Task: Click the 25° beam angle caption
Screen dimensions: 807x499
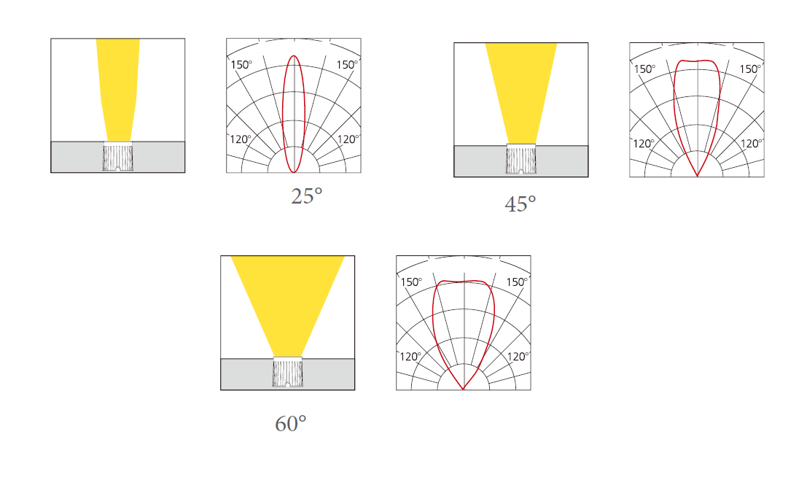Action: pyautogui.click(x=307, y=196)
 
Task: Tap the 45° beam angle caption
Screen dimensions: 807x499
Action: pyautogui.click(x=521, y=204)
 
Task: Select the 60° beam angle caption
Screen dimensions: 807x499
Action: pyautogui.click(x=291, y=424)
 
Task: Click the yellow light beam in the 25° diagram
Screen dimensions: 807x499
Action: pyautogui.click(x=118, y=90)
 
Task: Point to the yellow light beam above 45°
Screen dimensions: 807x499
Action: pyautogui.click(x=521, y=93)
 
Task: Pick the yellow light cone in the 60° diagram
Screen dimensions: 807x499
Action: pyautogui.click(x=287, y=306)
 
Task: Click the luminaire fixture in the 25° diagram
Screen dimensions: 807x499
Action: pyautogui.click(x=118, y=157)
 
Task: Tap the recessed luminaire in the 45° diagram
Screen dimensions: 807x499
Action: pyautogui.click(x=521, y=160)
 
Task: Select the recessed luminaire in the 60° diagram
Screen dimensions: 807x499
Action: pyautogui.click(x=288, y=372)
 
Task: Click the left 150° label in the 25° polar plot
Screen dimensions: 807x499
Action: pyautogui.click(x=241, y=65)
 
